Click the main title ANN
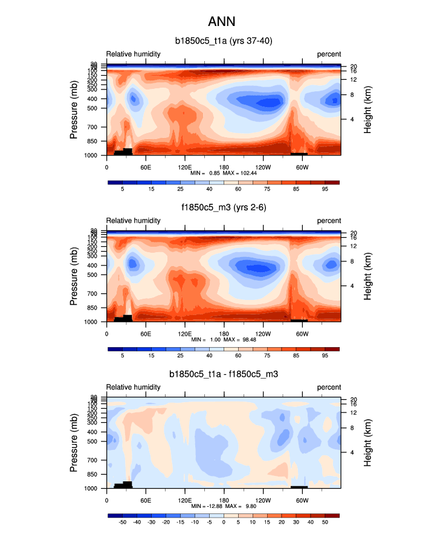pyautogui.click(x=221, y=22)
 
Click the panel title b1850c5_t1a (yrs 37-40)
pyautogui.click(x=221, y=42)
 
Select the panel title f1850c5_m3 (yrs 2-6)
pyautogui.click(x=221, y=208)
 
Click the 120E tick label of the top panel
pyautogui.click(x=185, y=166)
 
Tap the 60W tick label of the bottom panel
pyautogui.click(x=302, y=500)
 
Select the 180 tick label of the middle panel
pyautogui.click(x=224, y=333)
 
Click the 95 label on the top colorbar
pyautogui.click(x=325, y=189)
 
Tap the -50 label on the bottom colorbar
pyautogui.click(x=123, y=522)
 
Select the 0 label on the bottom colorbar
pyautogui.click(x=224, y=522)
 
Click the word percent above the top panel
pyautogui.click(x=329, y=54)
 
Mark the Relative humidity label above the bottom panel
pyautogui.click(x=134, y=387)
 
